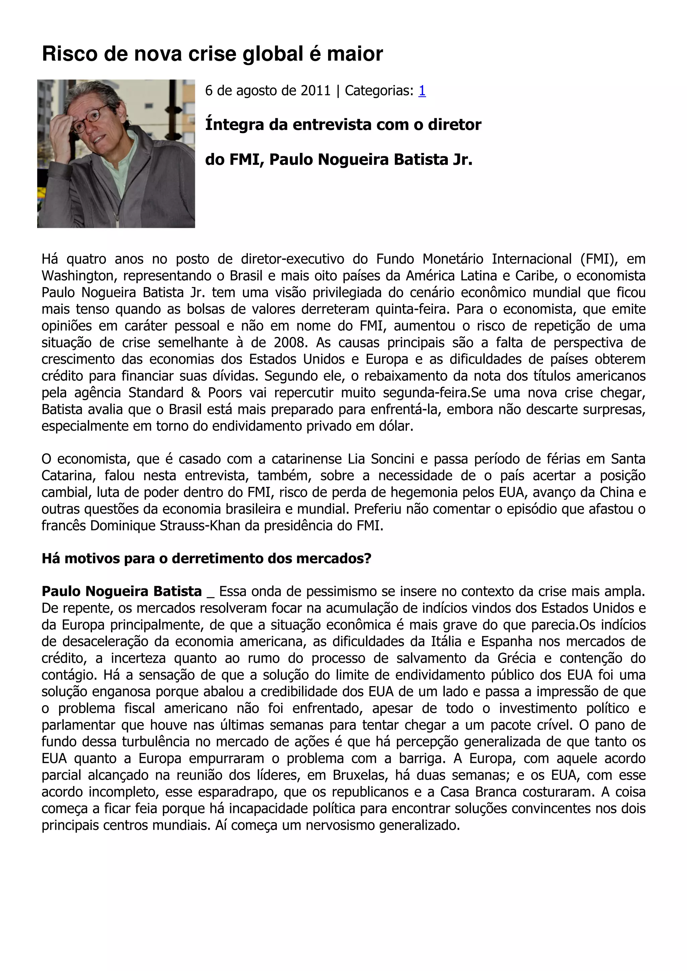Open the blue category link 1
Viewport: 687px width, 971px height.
coord(422,90)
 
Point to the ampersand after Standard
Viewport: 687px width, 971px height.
coord(196,392)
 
